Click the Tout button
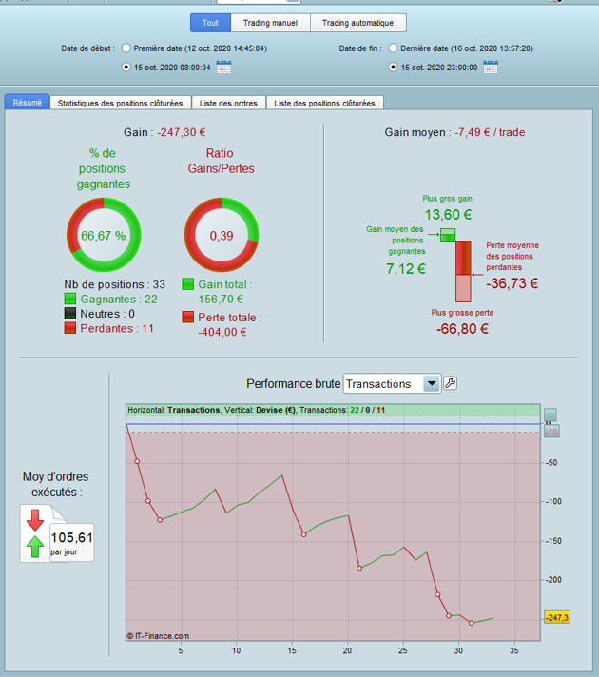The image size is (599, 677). (x=209, y=23)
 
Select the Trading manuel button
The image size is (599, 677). (x=270, y=23)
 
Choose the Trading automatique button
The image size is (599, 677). (x=358, y=23)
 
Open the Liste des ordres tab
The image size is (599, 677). (x=229, y=103)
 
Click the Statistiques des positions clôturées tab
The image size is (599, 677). (x=120, y=103)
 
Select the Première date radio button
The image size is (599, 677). (x=127, y=48)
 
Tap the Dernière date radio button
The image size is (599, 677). (x=393, y=48)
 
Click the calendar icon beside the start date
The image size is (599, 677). (x=223, y=68)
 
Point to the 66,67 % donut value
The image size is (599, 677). (x=103, y=236)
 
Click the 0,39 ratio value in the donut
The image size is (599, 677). (x=222, y=236)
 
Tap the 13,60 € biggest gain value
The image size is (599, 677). (x=448, y=214)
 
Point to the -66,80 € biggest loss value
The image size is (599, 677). (x=462, y=329)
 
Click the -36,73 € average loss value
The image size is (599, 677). (x=512, y=282)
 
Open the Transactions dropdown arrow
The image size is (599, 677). (x=432, y=383)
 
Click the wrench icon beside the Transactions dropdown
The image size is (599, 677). (x=451, y=383)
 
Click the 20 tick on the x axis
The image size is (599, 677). (x=347, y=651)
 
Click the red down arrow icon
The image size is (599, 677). (x=35, y=519)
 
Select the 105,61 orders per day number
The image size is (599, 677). (x=72, y=537)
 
